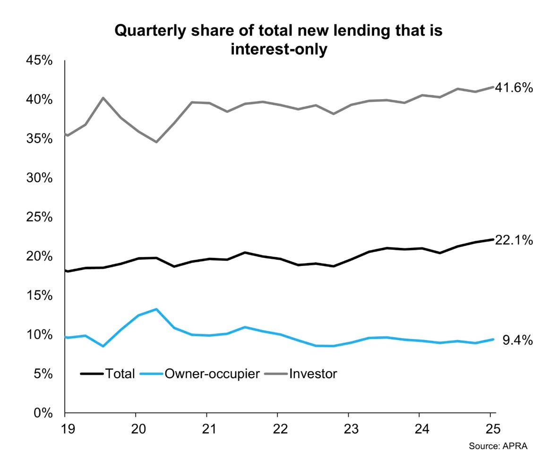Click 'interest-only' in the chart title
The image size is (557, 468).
point(279,49)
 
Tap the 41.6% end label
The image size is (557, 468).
point(514,88)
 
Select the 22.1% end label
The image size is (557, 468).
point(514,240)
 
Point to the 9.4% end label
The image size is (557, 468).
point(517,340)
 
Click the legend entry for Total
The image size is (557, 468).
point(120,374)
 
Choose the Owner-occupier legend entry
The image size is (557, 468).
point(212,374)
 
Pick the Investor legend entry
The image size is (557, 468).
point(313,374)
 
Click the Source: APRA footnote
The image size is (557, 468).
point(497,446)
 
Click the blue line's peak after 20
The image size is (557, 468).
point(156,309)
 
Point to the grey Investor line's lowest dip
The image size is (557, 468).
point(156,142)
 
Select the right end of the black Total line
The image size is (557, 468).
point(493,239)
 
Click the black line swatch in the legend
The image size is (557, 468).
point(92,374)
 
